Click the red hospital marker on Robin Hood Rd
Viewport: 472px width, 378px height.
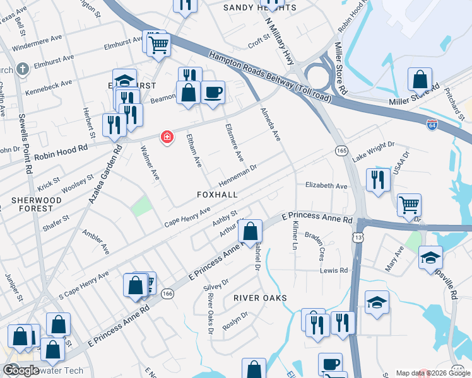(x=167, y=137)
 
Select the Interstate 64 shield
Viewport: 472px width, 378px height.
(x=432, y=124)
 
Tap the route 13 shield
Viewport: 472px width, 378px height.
(x=358, y=236)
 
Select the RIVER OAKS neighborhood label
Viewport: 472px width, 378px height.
(x=260, y=297)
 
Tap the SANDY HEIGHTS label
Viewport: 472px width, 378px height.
(x=260, y=8)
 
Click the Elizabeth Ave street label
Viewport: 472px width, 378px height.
(x=326, y=186)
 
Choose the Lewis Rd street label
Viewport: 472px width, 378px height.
(x=334, y=270)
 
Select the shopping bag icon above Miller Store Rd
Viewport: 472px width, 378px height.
(x=420, y=80)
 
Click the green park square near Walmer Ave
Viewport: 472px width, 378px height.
(x=142, y=205)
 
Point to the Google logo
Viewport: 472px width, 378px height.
(x=21, y=370)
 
